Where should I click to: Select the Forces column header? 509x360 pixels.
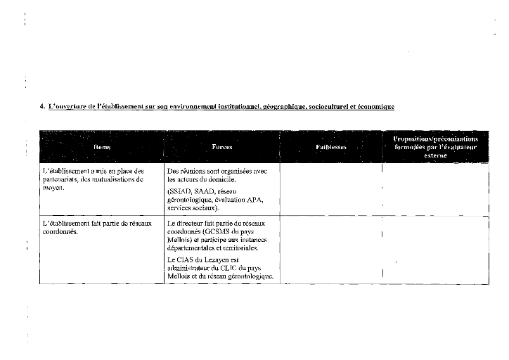pyautogui.click(x=222, y=148)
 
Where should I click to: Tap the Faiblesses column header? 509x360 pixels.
pyautogui.click(x=331, y=148)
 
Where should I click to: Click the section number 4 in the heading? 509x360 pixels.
pyautogui.click(x=42, y=107)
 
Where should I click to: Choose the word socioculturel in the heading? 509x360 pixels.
pyautogui.click(x=328, y=107)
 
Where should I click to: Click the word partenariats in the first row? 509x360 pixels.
pyautogui.click(x=60, y=179)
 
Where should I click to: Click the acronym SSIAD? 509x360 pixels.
pyautogui.click(x=180, y=191)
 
